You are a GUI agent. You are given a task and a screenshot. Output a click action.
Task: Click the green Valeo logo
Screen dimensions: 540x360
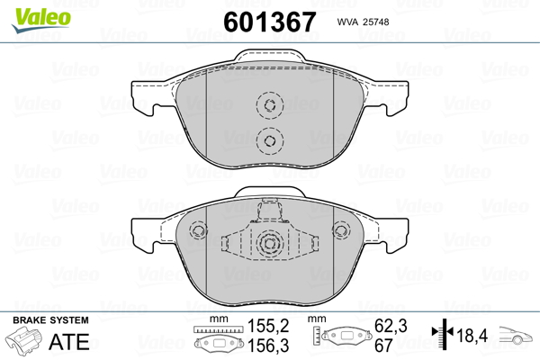[x=41, y=20]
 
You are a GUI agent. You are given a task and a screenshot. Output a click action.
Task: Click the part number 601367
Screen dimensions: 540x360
[x=270, y=22]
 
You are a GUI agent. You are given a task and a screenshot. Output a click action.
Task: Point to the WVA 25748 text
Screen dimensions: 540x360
[x=363, y=22]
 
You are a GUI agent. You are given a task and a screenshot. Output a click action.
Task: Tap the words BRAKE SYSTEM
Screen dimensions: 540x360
[x=50, y=320]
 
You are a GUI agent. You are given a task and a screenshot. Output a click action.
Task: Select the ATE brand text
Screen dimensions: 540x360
[x=69, y=341]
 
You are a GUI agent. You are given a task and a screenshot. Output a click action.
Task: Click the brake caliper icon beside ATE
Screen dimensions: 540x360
[x=23, y=340]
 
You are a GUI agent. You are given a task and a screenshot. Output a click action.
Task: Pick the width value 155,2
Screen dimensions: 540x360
[x=268, y=326]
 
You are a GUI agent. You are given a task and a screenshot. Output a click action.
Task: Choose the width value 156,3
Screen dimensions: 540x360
[x=268, y=346]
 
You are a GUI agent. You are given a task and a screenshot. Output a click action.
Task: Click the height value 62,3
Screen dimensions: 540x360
[x=391, y=326]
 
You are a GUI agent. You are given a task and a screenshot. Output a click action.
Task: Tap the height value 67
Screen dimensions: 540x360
[x=383, y=346]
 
